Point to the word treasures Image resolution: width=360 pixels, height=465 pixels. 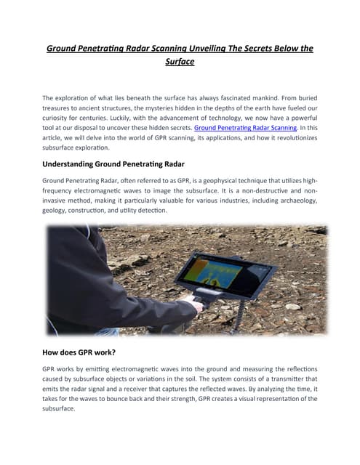point(61,110)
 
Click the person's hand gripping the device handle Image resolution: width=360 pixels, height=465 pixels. point(191,299)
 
